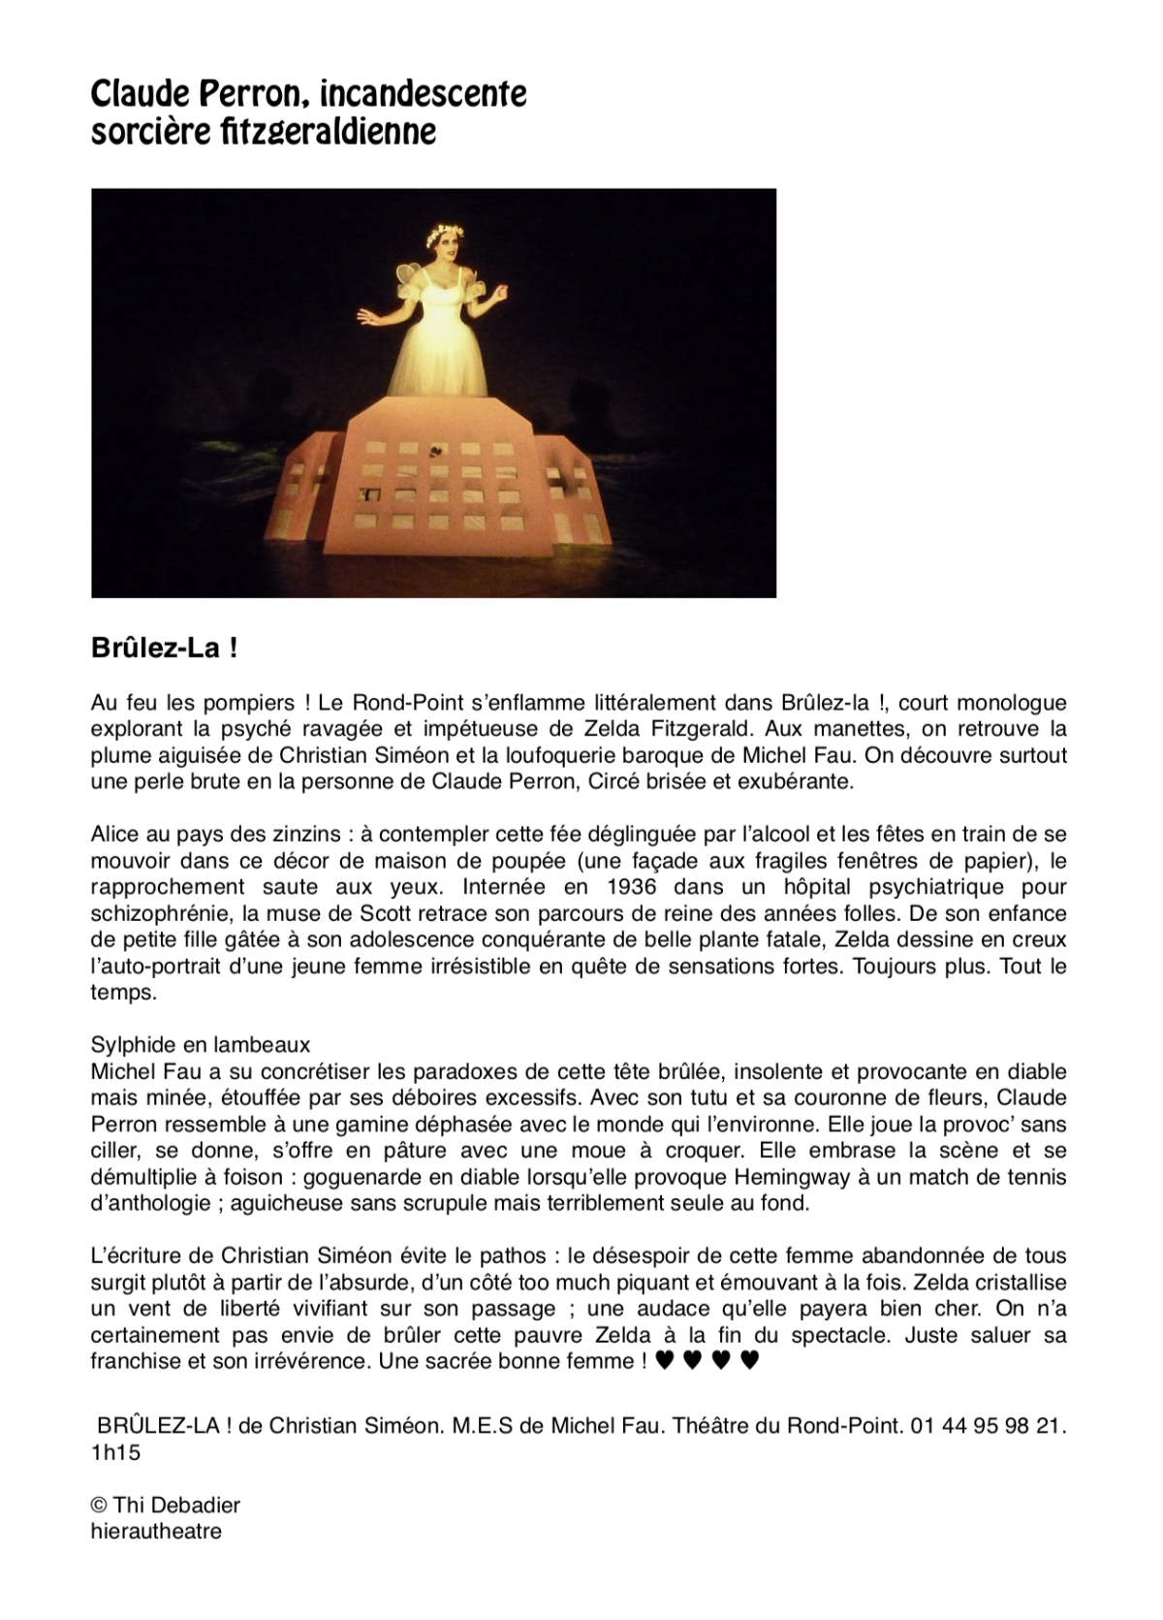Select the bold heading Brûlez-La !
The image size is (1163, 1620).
tap(164, 648)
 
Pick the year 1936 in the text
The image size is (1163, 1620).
tap(619, 886)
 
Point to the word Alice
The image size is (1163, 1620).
tap(115, 834)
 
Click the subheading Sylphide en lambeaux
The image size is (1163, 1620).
tap(201, 1045)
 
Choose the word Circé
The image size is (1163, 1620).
tap(601, 781)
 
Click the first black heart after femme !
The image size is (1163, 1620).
tap(664, 1362)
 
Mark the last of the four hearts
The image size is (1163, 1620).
tap(748, 1362)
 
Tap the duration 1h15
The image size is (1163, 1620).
tap(115, 1452)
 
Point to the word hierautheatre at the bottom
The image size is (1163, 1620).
tap(156, 1532)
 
